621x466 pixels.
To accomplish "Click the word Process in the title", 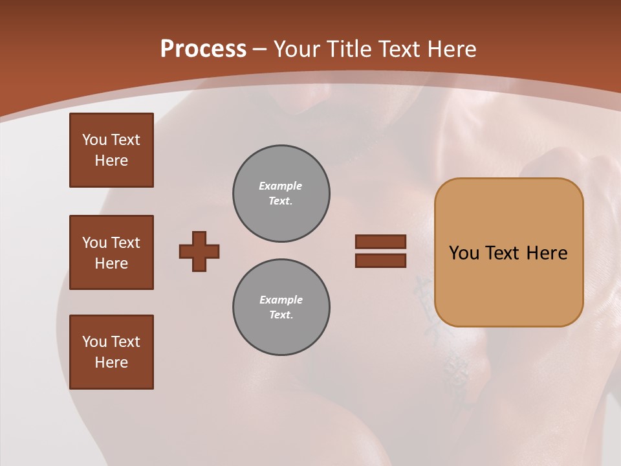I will point(203,49).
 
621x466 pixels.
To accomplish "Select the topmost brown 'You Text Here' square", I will point(111,150).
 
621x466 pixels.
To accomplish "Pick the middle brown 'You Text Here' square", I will point(111,252).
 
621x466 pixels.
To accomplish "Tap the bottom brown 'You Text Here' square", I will point(111,352).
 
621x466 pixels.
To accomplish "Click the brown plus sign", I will point(199,251).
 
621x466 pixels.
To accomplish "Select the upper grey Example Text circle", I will point(281,194).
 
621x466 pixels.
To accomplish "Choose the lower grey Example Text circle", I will point(281,307).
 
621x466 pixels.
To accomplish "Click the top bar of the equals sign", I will point(380,241).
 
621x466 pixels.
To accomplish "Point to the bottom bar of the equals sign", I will point(380,261).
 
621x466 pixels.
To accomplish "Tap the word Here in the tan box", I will point(547,253).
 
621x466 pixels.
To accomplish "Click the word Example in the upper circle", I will point(281,186).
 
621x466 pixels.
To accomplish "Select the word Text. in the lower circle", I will point(281,315).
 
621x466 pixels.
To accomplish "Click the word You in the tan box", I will point(464,253).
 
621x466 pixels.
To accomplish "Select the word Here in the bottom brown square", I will point(111,362).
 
